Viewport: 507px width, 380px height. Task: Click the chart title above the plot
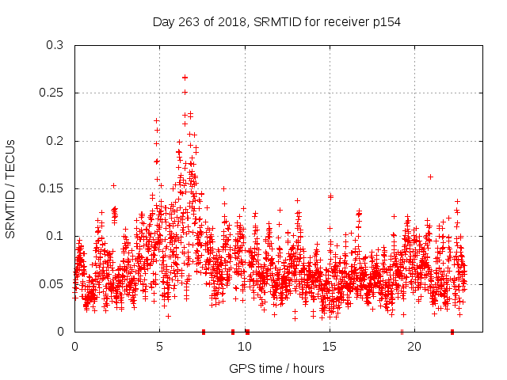coord(276,21)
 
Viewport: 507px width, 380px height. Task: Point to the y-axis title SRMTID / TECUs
coord(11,188)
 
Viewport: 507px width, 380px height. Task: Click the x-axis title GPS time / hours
coord(276,368)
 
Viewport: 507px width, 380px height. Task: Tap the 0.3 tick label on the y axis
coord(54,45)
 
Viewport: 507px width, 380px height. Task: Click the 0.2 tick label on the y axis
coord(54,141)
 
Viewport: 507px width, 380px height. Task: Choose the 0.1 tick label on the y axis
coord(54,236)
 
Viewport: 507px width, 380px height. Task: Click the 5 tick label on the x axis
coord(159,347)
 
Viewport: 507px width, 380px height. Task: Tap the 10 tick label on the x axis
coord(244,347)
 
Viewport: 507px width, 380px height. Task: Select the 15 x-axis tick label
coord(329,347)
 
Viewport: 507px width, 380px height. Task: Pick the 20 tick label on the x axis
coord(414,347)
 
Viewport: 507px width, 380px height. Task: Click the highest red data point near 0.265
coord(185,78)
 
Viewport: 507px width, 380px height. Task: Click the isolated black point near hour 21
coord(430,177)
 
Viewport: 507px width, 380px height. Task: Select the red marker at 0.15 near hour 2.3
coord(114,186)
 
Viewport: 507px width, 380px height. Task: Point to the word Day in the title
coord(163,21)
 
